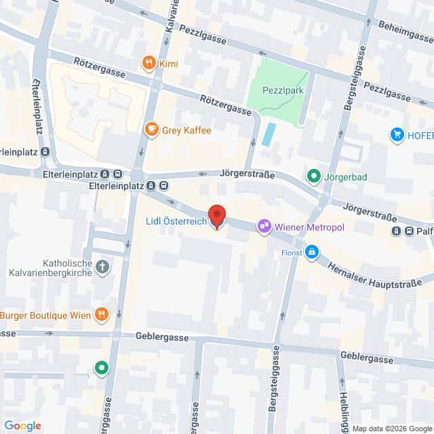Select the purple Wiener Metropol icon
point(264,226)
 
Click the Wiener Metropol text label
point(309,226)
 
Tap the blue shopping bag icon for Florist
point(311,253)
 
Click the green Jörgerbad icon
point(313,177)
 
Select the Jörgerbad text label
point(348,177)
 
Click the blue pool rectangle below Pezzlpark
point(269,134)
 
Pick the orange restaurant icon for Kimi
point(149,64)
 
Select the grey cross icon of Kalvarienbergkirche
point(102,267)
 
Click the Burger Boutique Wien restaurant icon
point(102,314)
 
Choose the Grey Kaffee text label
point(187,130)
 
